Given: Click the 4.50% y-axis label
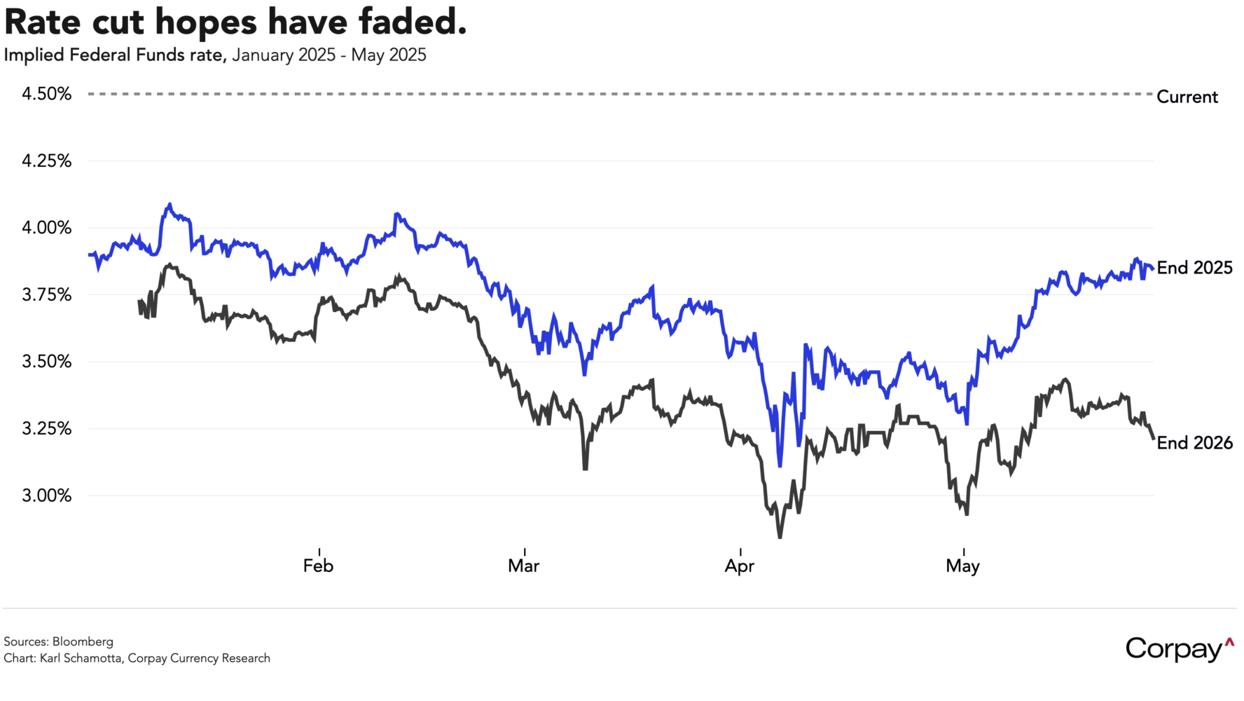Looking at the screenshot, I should click(46, 94).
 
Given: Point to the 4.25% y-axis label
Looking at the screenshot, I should click(46, 161).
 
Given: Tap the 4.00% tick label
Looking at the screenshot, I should click(46, 228).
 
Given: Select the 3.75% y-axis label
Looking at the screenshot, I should click(46, 295).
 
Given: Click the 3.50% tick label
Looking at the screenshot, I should click(46, 362).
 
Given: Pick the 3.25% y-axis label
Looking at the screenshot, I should click(46, 428).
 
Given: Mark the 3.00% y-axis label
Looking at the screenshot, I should click(46, 496).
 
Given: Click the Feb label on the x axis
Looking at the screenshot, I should click(318, 566).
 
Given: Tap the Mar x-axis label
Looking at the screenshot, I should click(524, 566).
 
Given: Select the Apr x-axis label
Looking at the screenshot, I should click(740, 566).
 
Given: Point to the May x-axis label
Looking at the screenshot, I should click(962, 566).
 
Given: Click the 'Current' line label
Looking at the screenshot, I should click(1187, 97).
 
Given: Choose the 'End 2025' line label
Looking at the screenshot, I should click(1194, 268).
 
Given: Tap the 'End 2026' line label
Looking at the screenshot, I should click(1194, 443).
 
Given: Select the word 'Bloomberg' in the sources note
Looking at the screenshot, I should click(83, 641).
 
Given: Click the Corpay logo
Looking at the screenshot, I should click(1180, 648).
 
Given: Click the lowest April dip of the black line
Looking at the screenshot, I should click(780, 537).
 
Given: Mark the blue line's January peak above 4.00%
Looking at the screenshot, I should click(169, 205).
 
